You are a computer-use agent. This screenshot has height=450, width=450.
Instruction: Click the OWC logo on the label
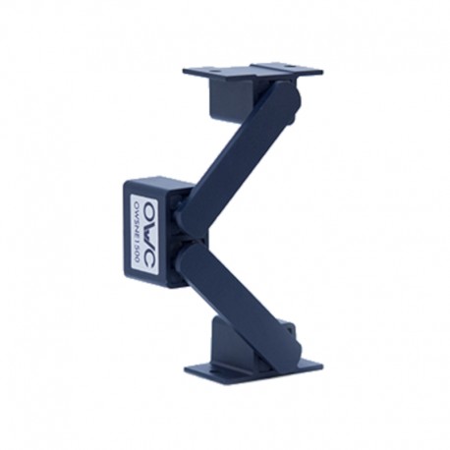point(139,233)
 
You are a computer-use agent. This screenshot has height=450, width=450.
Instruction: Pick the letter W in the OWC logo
point(139,232)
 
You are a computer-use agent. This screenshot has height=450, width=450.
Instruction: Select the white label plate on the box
point(146,234)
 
